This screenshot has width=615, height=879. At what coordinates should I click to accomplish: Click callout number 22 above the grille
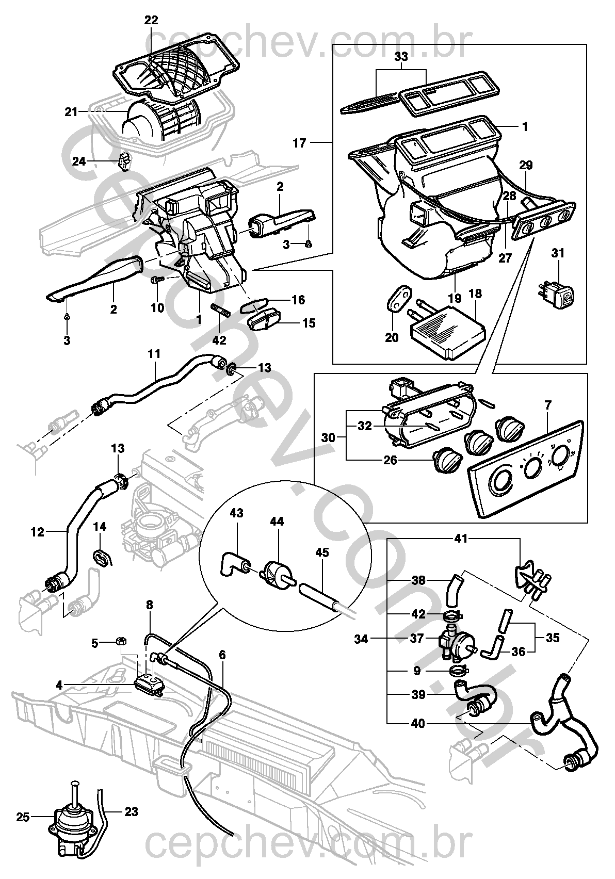coord(151,21)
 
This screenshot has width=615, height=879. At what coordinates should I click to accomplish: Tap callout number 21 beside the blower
coord(71,111)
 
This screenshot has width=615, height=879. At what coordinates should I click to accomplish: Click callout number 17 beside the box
coord(299,143)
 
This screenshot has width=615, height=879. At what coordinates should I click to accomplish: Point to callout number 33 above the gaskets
coord(401,57)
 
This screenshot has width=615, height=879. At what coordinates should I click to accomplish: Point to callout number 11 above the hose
coord(154,354)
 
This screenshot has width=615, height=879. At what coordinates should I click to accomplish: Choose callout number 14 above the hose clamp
coord(100,527)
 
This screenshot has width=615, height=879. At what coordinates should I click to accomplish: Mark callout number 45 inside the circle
coord(322,552)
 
